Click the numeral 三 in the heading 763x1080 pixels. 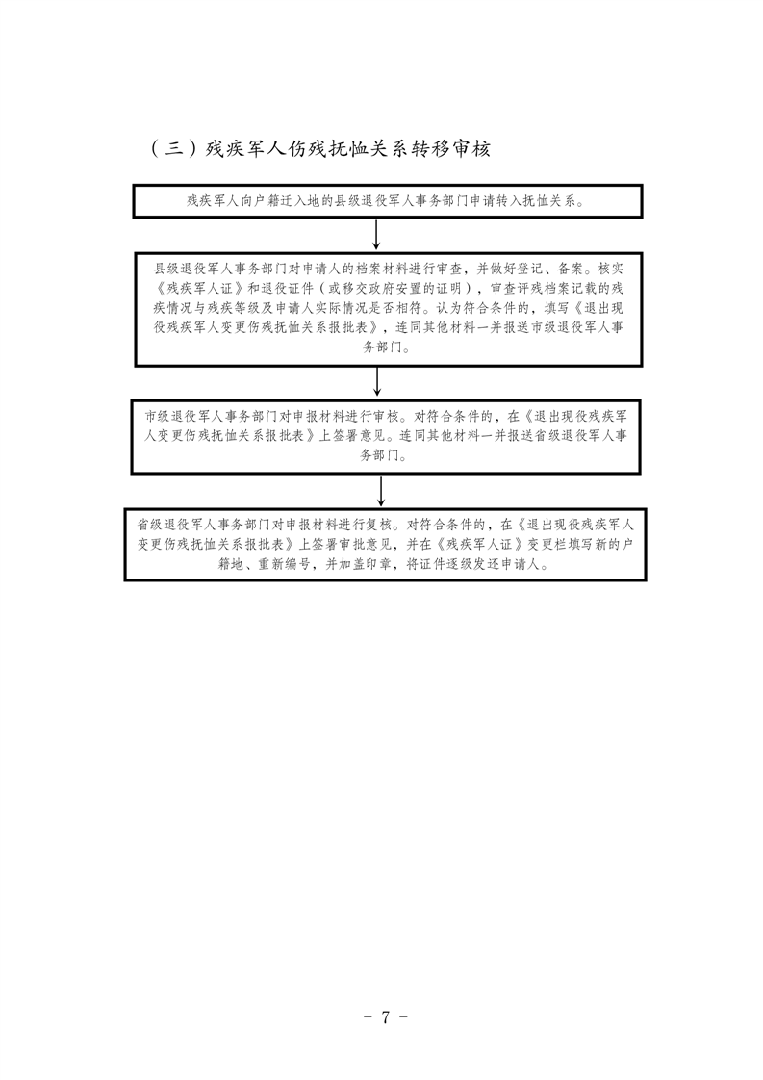point(175,149)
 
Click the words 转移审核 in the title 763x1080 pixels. point(450,149)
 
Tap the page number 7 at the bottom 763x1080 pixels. point(386,1016)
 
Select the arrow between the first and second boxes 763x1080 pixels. point(376,235)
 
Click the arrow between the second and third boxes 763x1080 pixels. point(376,381)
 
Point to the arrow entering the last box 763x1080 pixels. point(381,491)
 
